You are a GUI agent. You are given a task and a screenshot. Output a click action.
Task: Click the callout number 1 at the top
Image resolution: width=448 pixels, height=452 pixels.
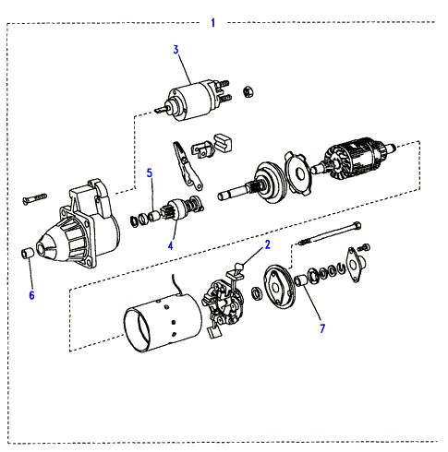coord(213,23)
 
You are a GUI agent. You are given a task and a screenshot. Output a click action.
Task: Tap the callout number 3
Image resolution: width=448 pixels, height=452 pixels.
coord(176,50)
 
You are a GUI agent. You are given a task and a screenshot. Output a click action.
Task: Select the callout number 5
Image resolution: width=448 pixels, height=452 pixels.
coord(150,173)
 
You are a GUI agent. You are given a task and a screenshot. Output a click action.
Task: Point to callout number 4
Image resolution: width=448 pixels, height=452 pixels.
coord(171,245)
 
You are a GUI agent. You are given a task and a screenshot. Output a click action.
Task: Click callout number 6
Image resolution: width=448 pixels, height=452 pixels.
coord(31,295)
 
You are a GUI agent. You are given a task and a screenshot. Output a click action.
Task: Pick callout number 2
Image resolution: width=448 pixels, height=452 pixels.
coord(267,244)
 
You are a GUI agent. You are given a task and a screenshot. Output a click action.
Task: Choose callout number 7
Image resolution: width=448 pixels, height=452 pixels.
coord(322,328)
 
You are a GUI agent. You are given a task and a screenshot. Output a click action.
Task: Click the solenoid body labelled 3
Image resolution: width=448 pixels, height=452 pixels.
coord(194,100)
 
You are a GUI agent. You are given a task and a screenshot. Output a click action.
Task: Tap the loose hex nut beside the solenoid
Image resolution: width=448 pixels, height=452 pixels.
coord(248,91)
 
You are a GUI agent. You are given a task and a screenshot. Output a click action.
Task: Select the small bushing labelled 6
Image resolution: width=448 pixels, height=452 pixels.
coord(28,253)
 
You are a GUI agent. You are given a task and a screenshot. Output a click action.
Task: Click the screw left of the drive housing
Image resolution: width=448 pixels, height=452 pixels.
coord(34,198)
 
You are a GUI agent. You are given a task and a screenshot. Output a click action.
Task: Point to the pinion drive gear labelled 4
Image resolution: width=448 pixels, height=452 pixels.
coord(184,208)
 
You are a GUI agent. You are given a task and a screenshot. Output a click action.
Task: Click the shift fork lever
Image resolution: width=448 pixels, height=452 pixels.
coord(188,165)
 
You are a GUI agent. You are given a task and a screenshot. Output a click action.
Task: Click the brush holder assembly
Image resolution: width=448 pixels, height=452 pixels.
coord(223,304)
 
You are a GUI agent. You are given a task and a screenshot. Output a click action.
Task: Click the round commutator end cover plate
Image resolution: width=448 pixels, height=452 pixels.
coord(279,286)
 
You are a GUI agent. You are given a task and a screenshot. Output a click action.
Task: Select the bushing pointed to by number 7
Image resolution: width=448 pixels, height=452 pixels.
coord(300,280)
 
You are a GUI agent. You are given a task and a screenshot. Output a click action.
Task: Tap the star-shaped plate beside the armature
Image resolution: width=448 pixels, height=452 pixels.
coord(299,173)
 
